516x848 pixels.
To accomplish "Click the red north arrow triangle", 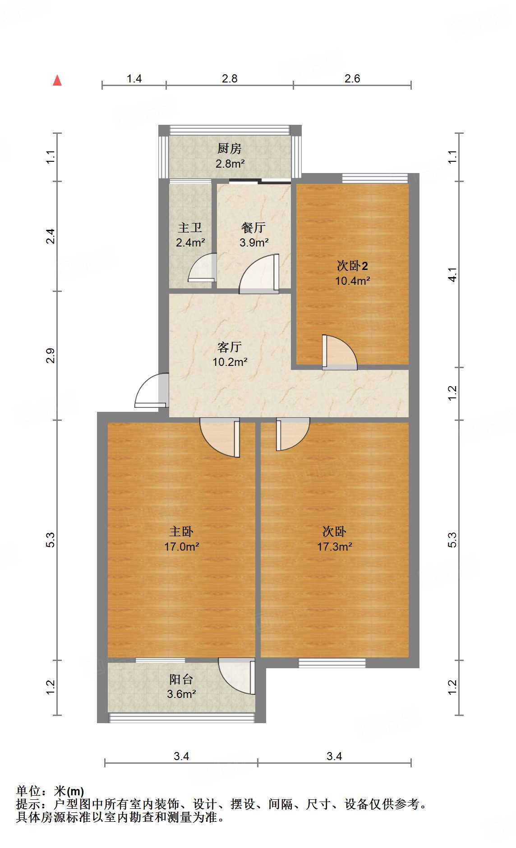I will click(57, 81).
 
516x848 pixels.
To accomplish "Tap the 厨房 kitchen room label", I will click(229, 148).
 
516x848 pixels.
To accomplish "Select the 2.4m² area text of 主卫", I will click(190, 242).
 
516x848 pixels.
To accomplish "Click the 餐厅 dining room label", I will click(253, 228).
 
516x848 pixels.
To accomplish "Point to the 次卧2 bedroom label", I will click(352, 266).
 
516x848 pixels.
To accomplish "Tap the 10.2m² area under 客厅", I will click(230, 362).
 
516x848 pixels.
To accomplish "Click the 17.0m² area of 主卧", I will click(181, 547).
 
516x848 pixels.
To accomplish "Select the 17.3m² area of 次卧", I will click(334, 547).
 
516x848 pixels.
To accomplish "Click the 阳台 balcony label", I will click(181, 679).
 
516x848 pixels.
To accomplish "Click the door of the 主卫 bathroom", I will click(202, 269).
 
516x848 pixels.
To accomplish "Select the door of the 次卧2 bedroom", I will click(339, 353).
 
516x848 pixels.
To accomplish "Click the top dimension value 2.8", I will click(230, 78).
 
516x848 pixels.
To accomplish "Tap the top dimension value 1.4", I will click(134, 78).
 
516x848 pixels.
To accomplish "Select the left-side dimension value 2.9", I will click(51, 356).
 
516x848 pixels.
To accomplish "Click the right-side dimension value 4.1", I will click(452, 274).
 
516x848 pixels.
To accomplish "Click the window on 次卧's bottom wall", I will click(332, 662).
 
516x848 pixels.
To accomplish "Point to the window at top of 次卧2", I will click(375, 178).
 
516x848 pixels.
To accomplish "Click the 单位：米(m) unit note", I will click(50, 791).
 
